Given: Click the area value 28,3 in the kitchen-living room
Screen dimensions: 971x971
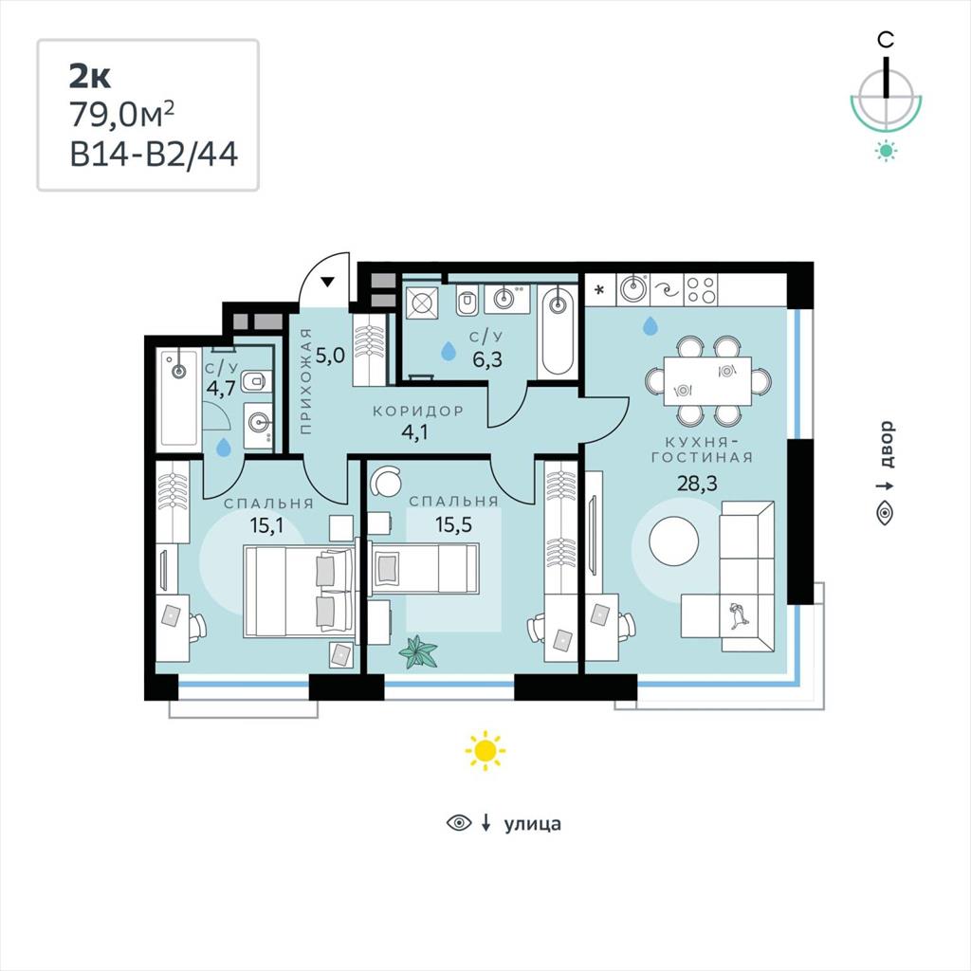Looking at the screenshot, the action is click(697, 483).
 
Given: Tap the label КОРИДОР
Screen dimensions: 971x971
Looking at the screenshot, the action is click(418, 412).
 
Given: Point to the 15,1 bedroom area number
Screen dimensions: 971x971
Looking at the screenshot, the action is click(266, 525).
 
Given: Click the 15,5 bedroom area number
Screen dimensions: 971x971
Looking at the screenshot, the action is click(453, 525).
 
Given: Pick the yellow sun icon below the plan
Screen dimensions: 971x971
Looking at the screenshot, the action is click(485, 751).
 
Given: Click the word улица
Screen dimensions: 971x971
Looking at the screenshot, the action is click(533, 824).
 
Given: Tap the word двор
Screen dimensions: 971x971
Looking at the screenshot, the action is click(888, 444).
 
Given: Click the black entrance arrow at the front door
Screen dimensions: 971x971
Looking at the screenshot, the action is click(327, 283).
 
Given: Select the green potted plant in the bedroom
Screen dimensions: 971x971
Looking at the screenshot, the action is click(418, 652).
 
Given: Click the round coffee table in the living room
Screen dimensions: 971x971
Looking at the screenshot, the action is click(674, 540).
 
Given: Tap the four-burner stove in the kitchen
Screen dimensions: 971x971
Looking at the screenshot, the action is click(702, 290).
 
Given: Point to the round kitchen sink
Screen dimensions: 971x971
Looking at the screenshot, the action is click(633, 288).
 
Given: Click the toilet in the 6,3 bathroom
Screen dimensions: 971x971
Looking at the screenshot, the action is click(466, 302).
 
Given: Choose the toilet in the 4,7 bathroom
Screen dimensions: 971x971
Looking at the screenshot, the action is click(255, 382).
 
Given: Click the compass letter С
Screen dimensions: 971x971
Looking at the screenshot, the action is click(887, 40).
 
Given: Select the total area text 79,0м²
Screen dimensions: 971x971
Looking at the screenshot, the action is click(122, 115).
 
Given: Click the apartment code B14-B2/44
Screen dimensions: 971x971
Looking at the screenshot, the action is click(154, 154).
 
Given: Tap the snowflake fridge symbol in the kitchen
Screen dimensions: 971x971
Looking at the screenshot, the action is click(599, 289).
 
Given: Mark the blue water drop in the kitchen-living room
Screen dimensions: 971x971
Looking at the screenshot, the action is click(650, 325).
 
